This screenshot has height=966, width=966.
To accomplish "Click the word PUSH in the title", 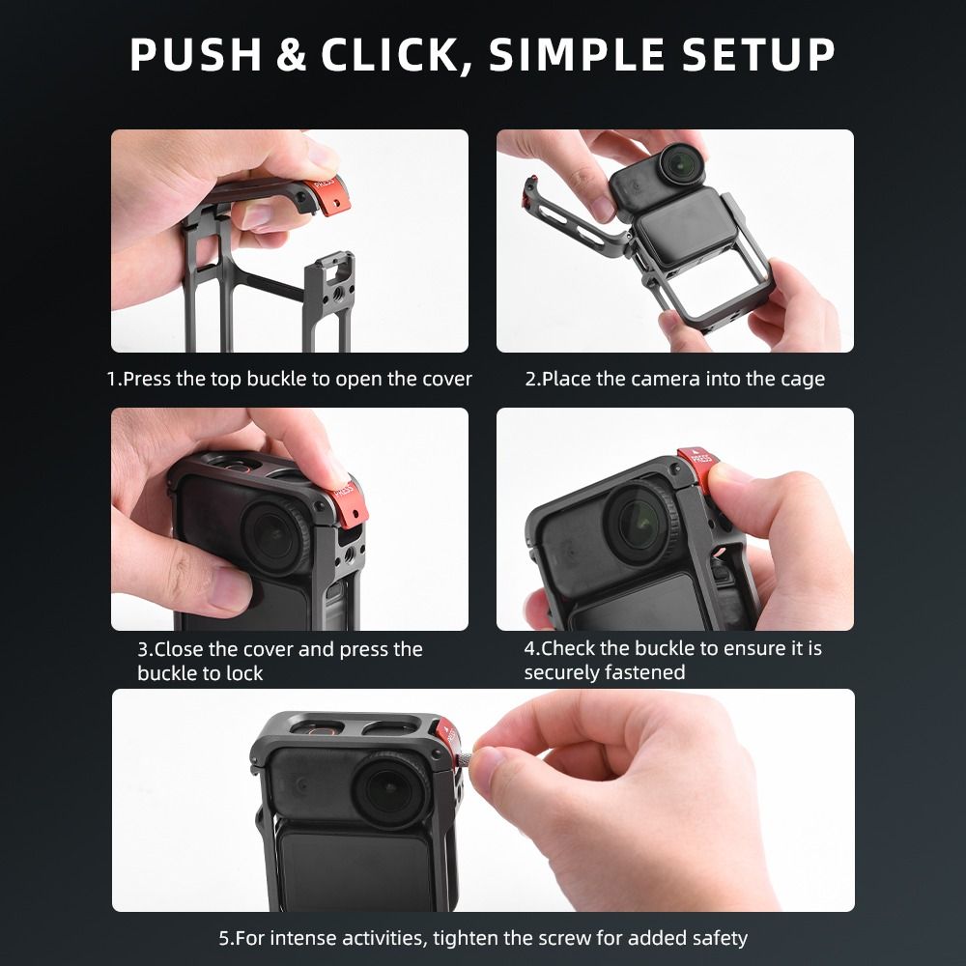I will pyautogui.click(x=195, y=55).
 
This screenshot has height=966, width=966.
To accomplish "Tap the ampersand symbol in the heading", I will pyautogui.click(x=292, y=55).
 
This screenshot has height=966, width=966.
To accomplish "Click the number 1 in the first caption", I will pyautogui.click(x=111, y=379).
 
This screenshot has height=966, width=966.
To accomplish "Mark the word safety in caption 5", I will pyautogui.click(x=718, y=938).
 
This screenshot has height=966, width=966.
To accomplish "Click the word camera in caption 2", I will pyautogui.click(x=665, y=379).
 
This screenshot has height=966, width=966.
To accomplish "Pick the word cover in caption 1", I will pyautogui.click(x=446, y=379).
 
